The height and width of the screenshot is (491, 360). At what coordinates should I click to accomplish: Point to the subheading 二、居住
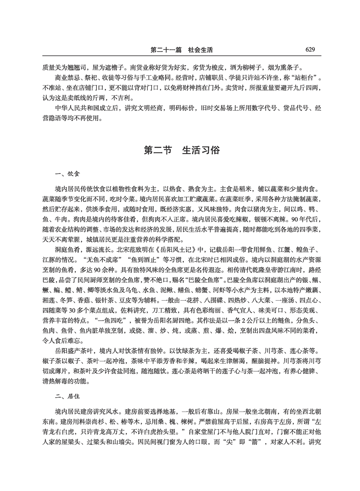65,395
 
